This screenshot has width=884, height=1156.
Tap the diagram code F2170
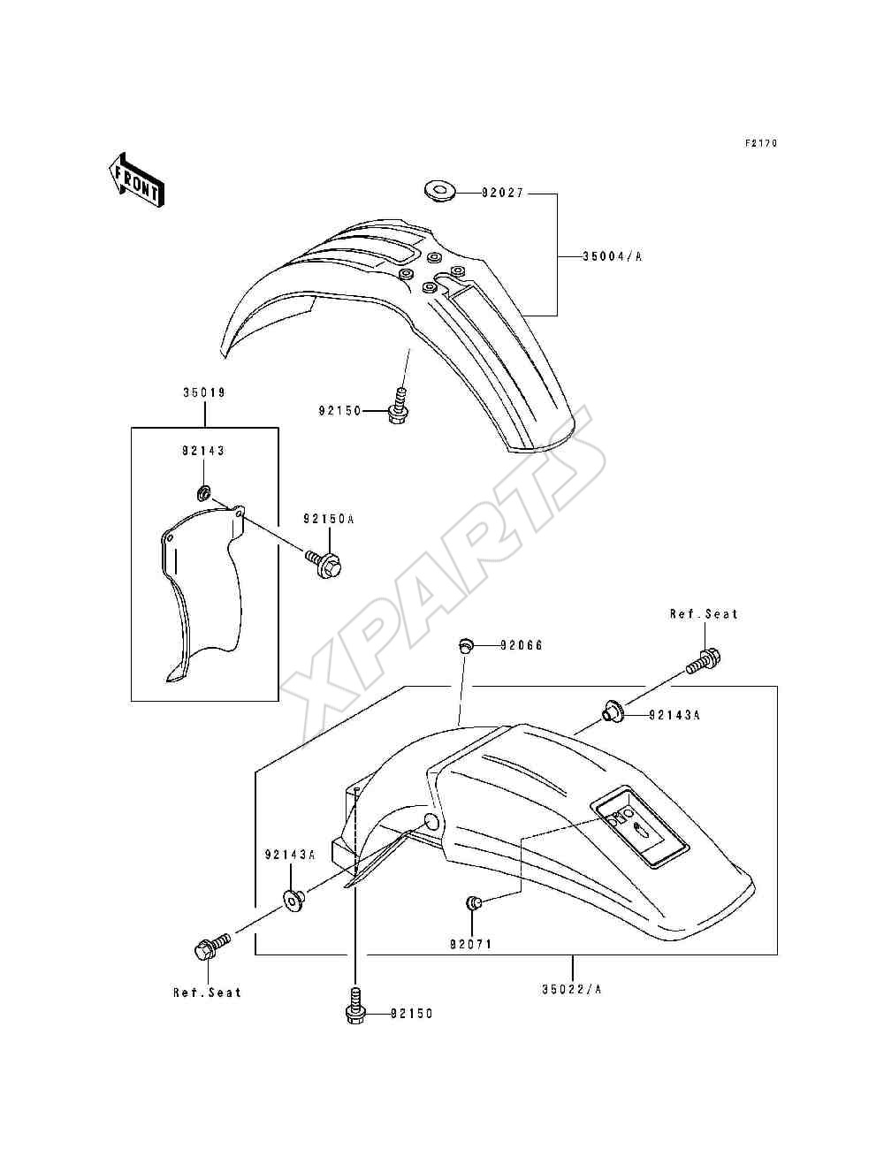tap(761, 143)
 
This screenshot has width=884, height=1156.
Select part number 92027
tap(503, 194)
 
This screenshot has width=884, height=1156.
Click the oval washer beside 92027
tap(439, 190)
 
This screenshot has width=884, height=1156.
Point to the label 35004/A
tap(613, 257)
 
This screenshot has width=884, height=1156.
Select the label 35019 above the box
tap(204, 392)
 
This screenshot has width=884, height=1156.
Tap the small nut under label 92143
tap(203, 493)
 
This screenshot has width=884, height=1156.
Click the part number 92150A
tap(329, 519)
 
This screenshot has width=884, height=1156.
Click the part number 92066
tap(521, 645)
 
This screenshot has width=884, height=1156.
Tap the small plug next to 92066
tap(464, 644)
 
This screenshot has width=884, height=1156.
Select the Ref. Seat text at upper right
tap(704, 614)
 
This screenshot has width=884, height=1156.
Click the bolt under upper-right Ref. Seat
tap(704, 660)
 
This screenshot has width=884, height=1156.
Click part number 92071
tap(470, 944)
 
